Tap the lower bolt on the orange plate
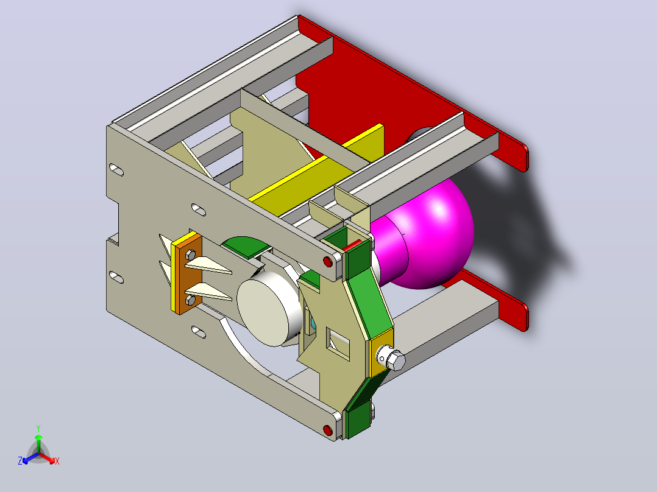tap(190, 300)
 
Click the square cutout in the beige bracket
tap(338, 344)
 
